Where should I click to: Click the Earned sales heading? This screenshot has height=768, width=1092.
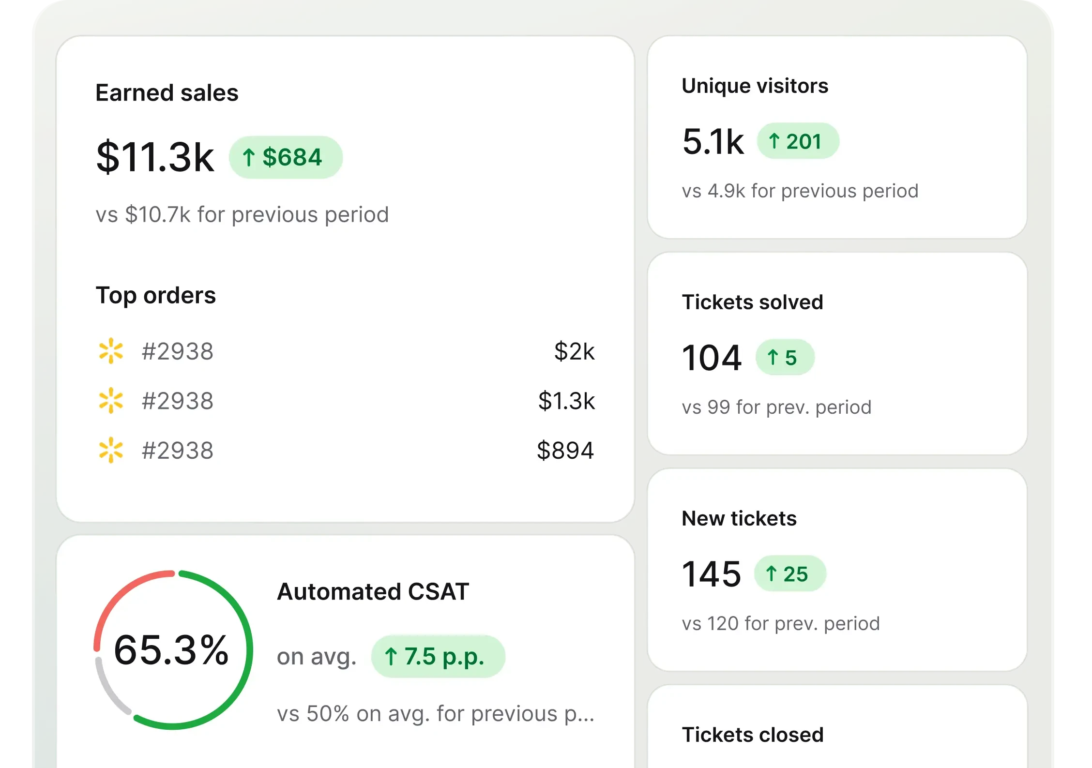[167, 92]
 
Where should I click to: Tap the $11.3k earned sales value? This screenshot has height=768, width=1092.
[155, 157]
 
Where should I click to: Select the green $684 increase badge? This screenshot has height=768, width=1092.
[286, 157]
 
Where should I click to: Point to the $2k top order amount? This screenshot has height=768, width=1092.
[574, 351]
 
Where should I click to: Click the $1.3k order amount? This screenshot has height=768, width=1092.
[566, 401]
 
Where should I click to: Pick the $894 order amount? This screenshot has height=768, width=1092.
[565, 451]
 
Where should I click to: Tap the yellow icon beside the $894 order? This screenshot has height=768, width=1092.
[111, 451]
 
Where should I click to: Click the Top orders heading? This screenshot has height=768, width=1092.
[155, 295]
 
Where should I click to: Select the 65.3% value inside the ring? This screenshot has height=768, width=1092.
[171, 650]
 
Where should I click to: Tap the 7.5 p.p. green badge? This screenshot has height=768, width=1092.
[438, 657]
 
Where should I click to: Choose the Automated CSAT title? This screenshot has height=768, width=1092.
[373, 591]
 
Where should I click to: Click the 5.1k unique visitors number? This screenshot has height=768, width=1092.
[713, 141]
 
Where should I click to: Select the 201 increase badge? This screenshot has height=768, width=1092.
[798, 141]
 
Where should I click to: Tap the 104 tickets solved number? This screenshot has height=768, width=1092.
[712, 358]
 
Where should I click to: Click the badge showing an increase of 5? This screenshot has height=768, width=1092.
[785, 358]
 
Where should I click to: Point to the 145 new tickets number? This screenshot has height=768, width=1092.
[711, 574]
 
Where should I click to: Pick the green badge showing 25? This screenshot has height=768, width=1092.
[790, 574]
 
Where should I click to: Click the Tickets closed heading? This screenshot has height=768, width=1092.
[752, 735]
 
